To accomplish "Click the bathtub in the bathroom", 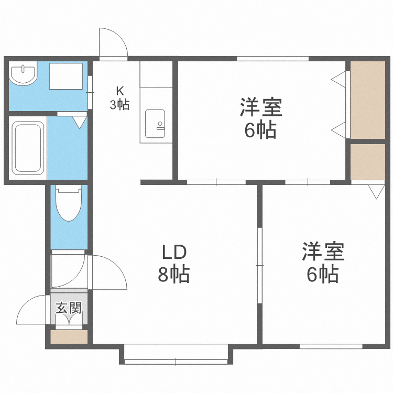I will [x=28, y=148].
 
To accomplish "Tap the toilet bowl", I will [x=68, y=205].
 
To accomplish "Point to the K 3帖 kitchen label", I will [x=119, y=97].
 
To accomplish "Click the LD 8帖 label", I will [x=173, y=263].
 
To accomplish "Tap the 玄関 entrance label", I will [x=69, y=308].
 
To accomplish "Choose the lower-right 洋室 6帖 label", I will [x=322, y=263].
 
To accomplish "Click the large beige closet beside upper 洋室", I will [x=367, y=100].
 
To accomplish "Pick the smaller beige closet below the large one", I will [x=367, y=161].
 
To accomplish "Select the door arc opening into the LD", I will [x=110, y=272].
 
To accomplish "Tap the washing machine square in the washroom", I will [x=66, y=76].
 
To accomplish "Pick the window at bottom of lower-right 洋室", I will [x=331, y=346].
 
